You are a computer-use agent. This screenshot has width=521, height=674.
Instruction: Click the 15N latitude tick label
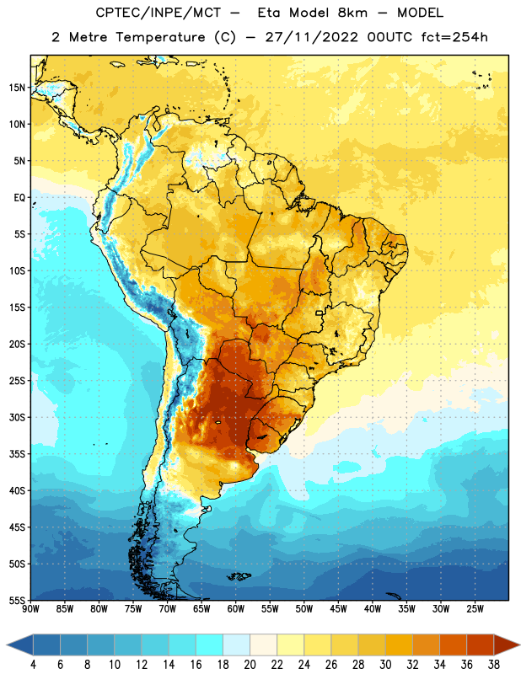[17, 88]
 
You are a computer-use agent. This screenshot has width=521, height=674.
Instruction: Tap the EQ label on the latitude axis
[19, 198]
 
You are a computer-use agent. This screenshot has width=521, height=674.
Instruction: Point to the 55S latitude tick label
[17, 601]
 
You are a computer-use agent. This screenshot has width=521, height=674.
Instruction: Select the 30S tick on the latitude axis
[17, 417]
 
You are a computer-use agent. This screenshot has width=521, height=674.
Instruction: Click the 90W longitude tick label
[30, 609]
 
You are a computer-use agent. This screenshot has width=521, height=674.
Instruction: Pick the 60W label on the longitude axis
[236, 609]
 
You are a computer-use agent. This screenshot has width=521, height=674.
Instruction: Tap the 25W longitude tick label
[475, 609]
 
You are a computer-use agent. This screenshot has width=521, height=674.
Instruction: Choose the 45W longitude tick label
[338, 609]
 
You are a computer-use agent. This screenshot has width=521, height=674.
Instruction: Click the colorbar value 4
[33, 665]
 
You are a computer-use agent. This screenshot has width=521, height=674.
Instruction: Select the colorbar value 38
[494, 665]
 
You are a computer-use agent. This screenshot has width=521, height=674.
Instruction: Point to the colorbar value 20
[250, 665]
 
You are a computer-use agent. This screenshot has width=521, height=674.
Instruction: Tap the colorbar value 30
[385, 665]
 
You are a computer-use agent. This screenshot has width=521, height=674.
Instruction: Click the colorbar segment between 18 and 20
[237, 645]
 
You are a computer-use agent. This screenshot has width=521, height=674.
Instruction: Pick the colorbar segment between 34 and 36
[453, 645]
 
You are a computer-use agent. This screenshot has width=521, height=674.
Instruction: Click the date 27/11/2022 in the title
[311, 37]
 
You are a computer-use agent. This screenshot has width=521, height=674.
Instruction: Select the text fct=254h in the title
[454, 37]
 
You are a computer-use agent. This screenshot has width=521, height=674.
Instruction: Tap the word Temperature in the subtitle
[160, 37]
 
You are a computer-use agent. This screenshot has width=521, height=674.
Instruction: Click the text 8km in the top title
[352, 13]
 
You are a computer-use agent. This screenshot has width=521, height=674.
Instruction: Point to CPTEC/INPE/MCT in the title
[158, 13]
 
